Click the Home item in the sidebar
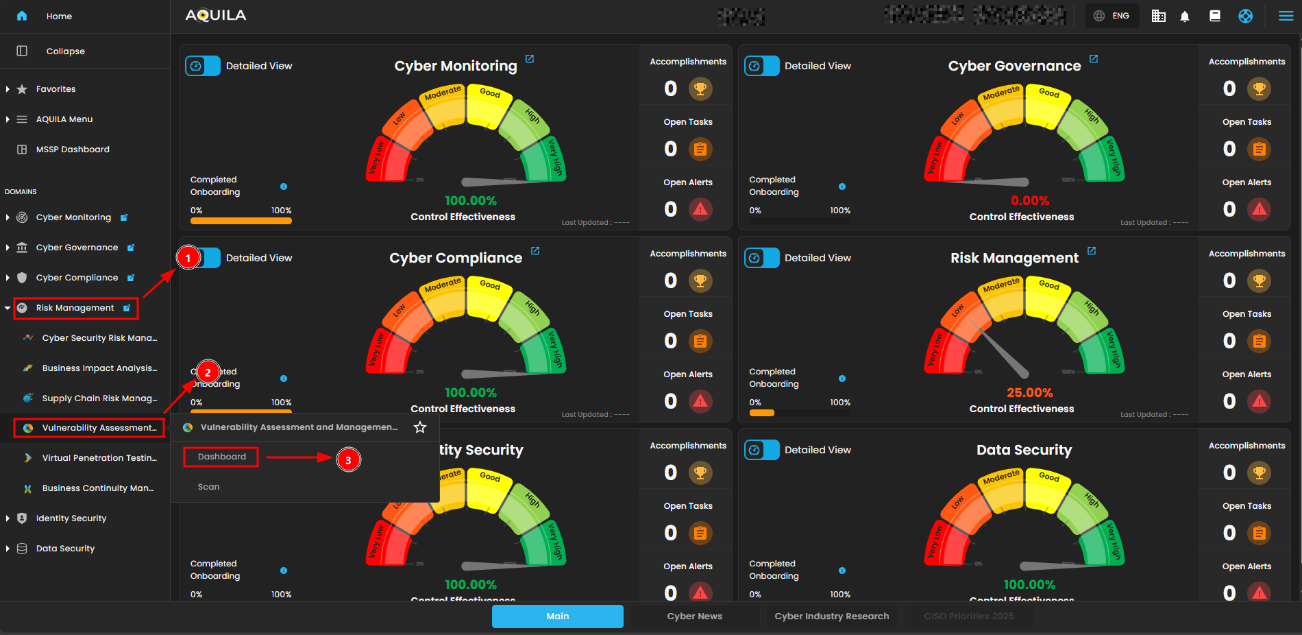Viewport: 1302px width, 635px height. pos(58,16)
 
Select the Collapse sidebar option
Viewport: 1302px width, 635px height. pos(65,51)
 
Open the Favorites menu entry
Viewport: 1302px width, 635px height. pos(56,89)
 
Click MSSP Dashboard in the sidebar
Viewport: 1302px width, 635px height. pos(72,149)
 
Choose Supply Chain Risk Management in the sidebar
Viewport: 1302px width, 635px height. pos(99,398)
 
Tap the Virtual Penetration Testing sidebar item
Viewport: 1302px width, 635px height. pos(99,458)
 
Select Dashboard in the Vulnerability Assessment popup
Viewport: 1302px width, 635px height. pos(221,457)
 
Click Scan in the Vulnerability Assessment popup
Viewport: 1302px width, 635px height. pos(209,487)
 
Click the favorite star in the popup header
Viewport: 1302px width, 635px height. pos(420,427)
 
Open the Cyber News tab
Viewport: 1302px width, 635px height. pos(694,616)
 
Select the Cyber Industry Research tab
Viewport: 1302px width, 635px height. pos(831,616)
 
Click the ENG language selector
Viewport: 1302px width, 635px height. pos(1111,16)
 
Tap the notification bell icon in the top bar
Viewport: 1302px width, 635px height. pos(1185,16)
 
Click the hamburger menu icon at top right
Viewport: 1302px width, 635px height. pos(1286,16)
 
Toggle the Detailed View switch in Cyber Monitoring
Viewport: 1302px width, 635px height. pos(203,66)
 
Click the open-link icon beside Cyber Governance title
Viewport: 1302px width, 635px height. pos(1094,59)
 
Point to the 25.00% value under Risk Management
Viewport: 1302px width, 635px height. pos(1029,393)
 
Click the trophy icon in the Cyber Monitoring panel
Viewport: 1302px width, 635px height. pos(700,88)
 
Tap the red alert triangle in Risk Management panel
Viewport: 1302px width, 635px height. pos(1260,401)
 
